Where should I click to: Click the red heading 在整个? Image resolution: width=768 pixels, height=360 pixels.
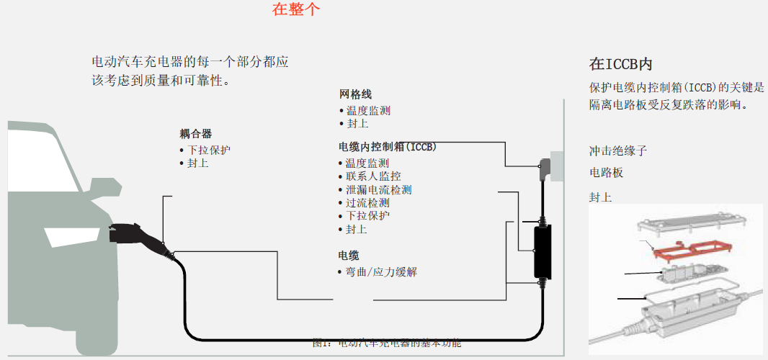pyautogui.click(x=295, y=9)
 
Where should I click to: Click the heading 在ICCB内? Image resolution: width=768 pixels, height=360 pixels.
pyautogui.click(x=620, y=64)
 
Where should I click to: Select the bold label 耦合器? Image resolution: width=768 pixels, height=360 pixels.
pyautogui.click(x=195, y=134)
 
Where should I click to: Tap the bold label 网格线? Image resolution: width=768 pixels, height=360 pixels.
pyautogui.click(x=355, y=94)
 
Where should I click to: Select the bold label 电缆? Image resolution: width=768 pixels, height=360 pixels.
pyautogui.click(x=349, y=256)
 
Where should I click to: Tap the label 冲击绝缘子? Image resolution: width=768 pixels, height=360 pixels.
pyautogui.click(x=618, y=151)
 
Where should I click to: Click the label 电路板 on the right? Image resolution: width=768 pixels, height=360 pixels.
pyautogui.click(x=606, y=173)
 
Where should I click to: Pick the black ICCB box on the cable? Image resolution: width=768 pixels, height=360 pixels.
pyautogui.click(x=542, y=251)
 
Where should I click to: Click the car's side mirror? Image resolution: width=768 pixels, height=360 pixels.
pyautogui.click(x=105, y=186)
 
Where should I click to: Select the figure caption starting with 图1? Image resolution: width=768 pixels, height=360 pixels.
pyautogui.click(x=386, y=343)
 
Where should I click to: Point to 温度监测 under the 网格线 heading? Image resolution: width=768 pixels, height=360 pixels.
pyautogui.click(x=368, y=111)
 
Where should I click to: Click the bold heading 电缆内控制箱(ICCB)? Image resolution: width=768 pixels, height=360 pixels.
pyautogui.click(x=387, y=147)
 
